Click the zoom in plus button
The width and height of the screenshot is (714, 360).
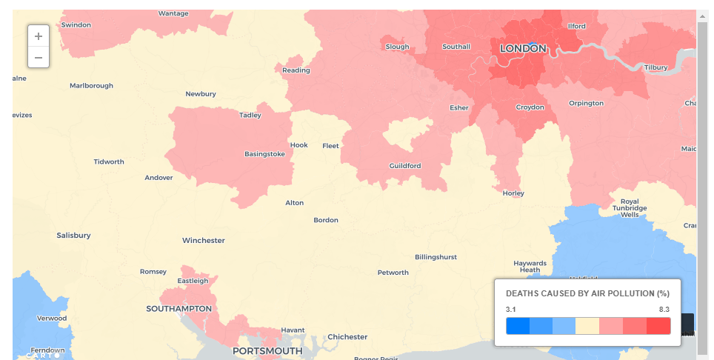[39, 36]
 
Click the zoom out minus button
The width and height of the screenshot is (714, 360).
[39, 57]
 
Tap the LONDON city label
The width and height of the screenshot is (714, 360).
[523, 48]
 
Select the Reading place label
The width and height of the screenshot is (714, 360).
[296, 70]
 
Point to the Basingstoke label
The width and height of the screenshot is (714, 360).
[264, 154]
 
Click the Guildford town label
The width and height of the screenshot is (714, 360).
[405, 165]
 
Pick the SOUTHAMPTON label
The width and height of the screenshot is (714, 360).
[178, 308]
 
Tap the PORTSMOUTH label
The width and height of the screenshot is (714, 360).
[267, 350]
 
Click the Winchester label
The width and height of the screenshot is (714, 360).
[204, 240]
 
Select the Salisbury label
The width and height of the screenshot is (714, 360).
[73, 235]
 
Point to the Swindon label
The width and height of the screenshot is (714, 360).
[76, 24]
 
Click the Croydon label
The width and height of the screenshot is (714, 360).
[530, 107]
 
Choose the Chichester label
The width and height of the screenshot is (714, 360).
[347, 336]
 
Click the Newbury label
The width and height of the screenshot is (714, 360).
[201, 93]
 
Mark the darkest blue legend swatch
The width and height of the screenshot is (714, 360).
[518, 326]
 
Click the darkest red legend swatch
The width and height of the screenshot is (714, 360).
[658, 326]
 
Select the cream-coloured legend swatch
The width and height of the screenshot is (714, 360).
[588, 326]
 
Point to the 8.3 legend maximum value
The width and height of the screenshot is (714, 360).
[664, 309]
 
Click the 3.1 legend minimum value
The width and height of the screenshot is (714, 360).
[511, 309]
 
